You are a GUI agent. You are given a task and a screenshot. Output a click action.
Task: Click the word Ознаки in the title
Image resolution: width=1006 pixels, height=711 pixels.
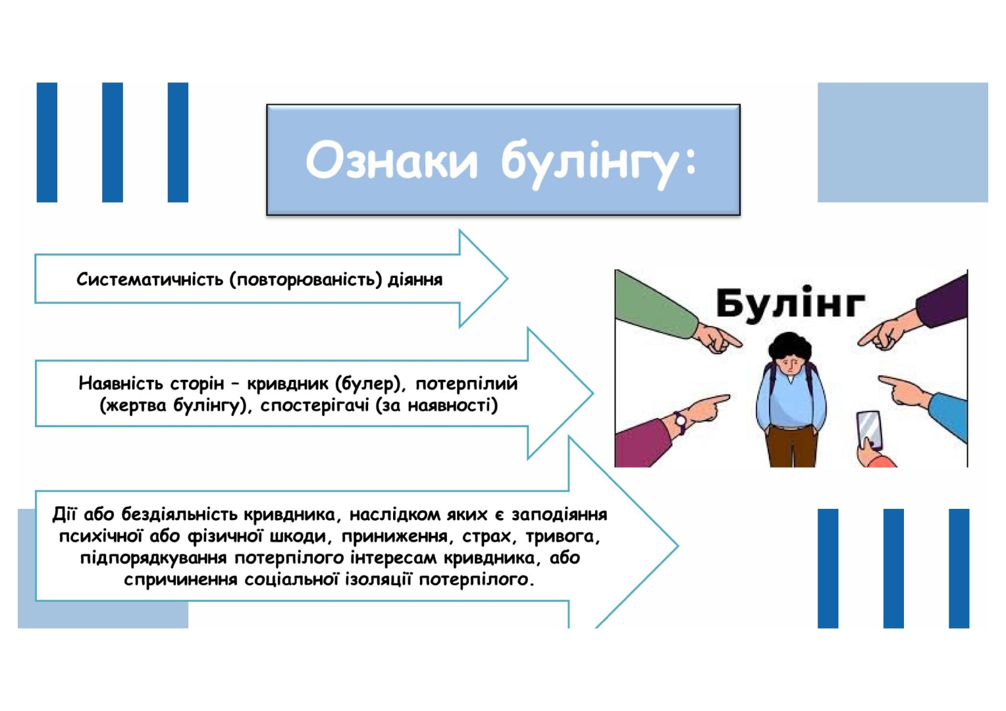pos(391,161)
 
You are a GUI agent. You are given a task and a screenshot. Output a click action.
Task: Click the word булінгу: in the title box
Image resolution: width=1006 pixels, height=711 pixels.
pos(598,164)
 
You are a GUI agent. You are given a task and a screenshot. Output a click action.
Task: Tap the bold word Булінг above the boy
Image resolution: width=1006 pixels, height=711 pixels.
pos(790,303)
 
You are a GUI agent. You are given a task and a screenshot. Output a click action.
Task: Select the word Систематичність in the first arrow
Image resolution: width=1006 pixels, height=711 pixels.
pos(149,279)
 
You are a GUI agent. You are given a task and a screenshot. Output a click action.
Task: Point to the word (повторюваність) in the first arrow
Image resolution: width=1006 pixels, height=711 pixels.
pos(306,280)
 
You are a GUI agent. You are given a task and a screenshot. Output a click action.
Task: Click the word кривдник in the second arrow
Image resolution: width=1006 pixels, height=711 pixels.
pos(288,384)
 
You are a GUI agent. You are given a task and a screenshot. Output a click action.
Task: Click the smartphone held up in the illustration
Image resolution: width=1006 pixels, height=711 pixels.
pos(869,430)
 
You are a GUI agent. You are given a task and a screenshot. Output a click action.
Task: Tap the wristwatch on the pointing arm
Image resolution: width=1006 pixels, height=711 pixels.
pos(680,422)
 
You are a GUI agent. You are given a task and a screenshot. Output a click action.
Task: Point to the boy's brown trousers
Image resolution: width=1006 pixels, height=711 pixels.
pos(791,446)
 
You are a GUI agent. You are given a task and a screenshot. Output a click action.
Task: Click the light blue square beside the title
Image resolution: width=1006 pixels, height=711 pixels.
pos(903,142)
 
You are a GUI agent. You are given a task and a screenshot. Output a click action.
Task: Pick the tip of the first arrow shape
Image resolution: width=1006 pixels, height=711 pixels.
pos(508,279)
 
